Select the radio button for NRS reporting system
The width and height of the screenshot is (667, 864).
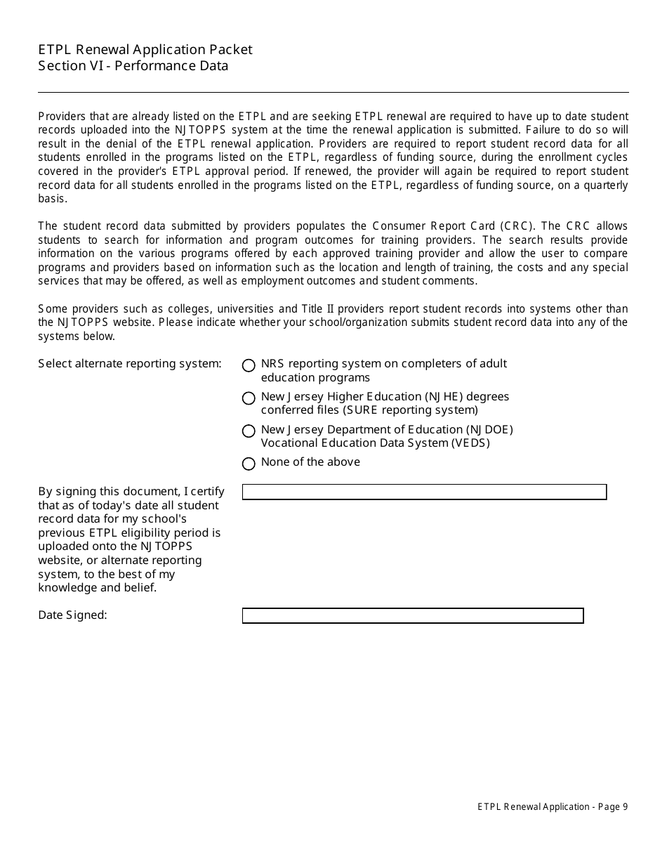tap(249, 365)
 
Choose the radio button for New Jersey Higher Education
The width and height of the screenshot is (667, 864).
tap(249, 398)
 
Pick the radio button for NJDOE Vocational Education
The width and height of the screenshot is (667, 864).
tap(249, 431)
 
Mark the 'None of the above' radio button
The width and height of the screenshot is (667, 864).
tap(249, 464)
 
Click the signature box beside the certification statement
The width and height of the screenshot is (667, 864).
tap(424, 492)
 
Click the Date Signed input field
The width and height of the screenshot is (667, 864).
tap(413, 615)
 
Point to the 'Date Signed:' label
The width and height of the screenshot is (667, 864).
tap(72, 615)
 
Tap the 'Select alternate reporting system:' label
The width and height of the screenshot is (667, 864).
tap(130, 364)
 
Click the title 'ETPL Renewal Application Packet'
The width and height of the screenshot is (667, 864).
tap(145, 49)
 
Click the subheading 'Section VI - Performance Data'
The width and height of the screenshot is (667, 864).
tap(133, 66)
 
